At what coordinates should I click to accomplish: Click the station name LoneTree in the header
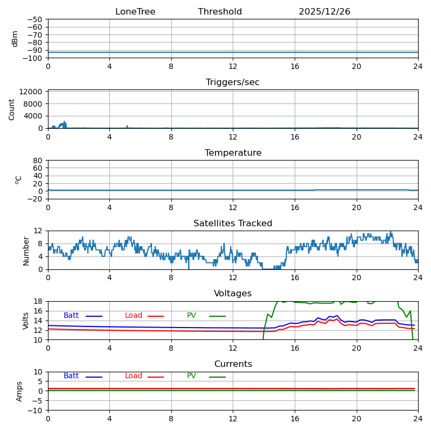[x=135, y=12]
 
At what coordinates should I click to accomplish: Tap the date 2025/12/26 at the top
[x=324, y=12]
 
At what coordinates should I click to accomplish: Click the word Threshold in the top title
[x=220, y=12]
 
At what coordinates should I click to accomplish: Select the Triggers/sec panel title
[x=233, y=82]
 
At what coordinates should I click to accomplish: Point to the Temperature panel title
[x=233, y=153]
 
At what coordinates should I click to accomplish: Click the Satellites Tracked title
[x=233, y=224]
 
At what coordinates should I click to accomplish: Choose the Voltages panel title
[x=233, y=294]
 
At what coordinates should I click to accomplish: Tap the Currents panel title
[x=233, y=364]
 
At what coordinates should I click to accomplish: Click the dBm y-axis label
[x=15, y=39]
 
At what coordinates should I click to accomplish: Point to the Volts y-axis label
[x=26, y=321]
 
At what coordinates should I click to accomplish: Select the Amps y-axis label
[x=19, y=391]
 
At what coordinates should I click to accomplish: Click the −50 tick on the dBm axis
[x=35, y=19]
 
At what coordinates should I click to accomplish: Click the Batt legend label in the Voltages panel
[x=71, y=316]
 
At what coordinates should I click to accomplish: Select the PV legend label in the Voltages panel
[x=191, y=316]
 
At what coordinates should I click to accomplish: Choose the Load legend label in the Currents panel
[x=134, y=376]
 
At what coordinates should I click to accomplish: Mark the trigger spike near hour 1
[x=64, y=122]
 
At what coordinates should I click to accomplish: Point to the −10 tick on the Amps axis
[x=35, y=411]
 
